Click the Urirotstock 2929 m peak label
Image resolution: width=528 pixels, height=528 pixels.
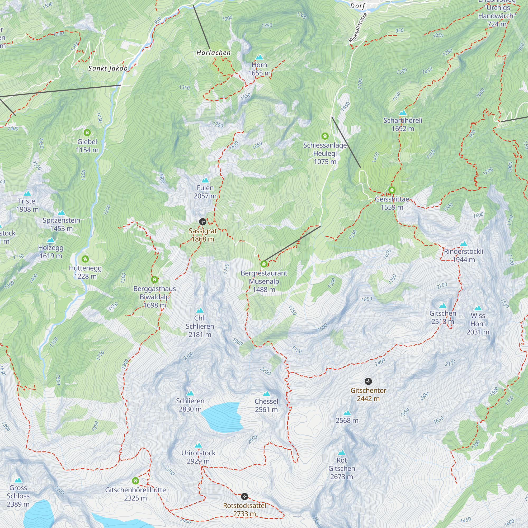click(199, 457)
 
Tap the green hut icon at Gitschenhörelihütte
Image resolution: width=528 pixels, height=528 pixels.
click(135, 481)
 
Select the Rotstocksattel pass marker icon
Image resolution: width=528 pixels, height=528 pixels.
click(245, 496)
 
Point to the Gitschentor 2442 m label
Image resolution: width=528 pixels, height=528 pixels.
click(368, 394)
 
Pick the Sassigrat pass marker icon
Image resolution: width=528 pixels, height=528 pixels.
click(202, 222)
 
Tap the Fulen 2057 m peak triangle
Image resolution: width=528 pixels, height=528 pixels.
click(205, 180)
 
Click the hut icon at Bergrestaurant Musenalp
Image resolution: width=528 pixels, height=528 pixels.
click(264, 264)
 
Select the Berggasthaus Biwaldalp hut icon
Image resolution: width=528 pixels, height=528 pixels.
click(154, 280)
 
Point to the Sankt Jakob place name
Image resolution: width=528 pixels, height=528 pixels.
click(108, 68)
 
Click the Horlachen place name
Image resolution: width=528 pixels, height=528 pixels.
click(213, 53)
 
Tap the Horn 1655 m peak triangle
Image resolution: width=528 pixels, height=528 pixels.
click(259, 57)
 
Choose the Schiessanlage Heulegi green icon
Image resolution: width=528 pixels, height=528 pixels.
click(325, 136)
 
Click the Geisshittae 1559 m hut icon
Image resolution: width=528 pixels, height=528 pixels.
click(392, 190)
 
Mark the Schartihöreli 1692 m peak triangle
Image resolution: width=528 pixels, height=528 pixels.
click(403, 113)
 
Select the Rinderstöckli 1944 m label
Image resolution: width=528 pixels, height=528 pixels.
click(464, 255)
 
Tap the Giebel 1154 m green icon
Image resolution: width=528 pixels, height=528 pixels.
click(87, 133)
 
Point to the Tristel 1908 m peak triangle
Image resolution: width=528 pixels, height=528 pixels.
click(27, 194)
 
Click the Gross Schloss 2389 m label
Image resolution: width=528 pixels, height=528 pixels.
click(18, 496)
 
